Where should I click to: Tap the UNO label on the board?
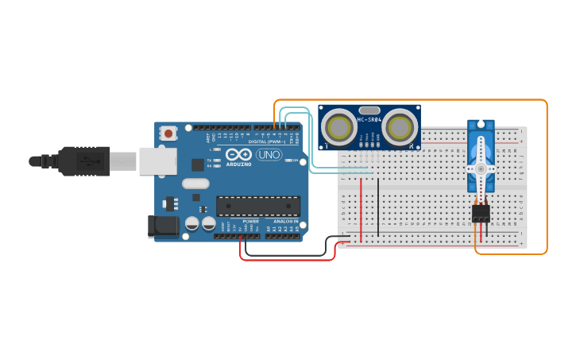coord(269,154)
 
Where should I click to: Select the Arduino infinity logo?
coord(238,154)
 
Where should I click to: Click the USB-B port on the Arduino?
coord(157,161)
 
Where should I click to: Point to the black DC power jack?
coord(164,226)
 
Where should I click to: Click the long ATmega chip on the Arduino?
coord(258,206)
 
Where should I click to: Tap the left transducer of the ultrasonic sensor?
coord(340,126)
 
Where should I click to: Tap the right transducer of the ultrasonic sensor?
coord(400,126)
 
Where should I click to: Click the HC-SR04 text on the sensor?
coord(369,120)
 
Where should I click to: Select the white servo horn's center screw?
coord(480,168)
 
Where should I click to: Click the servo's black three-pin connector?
coord(481,213)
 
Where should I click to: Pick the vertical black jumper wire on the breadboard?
coord(378,207)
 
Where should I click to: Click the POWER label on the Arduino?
coord(250,221)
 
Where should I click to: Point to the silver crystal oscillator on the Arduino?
coord(195,184)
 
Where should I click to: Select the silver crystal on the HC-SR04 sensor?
coord(369,110)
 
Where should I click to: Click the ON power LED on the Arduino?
coord(287,161)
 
